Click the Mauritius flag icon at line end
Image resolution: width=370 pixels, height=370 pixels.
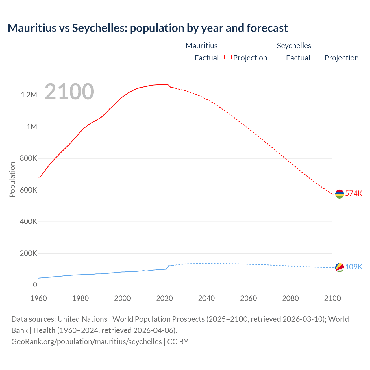tap(339, 194)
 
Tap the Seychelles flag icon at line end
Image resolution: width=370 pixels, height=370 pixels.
tap(339, 267)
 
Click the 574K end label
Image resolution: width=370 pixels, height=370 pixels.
tap(354, 193)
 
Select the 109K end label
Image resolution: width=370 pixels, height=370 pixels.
tap(354, 267)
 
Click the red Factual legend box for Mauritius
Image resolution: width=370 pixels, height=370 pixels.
tap(189, 58)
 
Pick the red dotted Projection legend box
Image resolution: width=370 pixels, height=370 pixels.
tap(228, 58)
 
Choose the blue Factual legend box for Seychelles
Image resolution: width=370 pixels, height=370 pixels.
tap(281, 58)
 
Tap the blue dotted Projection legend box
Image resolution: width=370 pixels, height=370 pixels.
tap(319, 58)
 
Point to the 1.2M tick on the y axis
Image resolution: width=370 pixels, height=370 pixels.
tap(29, 95)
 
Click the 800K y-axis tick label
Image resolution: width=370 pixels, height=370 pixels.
tap(29, 158)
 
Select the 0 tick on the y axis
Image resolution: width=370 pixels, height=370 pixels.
tap(35, 285)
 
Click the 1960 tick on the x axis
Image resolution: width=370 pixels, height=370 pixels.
tap(38, 298)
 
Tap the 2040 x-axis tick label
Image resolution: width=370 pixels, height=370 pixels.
tap(206, 298)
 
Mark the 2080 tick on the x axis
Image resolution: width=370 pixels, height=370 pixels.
tap(290, 298)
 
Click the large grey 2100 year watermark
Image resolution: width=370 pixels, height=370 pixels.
tap(69, 92)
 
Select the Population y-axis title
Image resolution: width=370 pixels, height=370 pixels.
tap(12, 180)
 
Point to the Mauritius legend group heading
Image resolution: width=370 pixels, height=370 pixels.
tap(201, 46)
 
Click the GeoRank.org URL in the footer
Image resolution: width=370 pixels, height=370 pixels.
tap(86, 341)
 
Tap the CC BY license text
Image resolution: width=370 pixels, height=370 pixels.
tap(178, 341)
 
